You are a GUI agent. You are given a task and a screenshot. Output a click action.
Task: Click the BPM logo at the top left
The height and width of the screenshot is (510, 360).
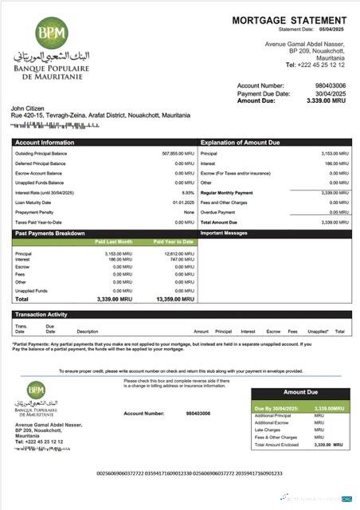[53, 33]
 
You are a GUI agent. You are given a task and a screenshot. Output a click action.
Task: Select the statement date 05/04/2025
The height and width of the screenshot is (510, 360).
[333, 29]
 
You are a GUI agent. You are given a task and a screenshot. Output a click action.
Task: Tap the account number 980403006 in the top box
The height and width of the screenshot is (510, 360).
[331, 85]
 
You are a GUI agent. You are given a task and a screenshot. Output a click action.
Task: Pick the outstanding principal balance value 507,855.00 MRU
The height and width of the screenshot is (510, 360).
[178, 153]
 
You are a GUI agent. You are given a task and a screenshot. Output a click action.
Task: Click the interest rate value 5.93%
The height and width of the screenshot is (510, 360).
[188, 193]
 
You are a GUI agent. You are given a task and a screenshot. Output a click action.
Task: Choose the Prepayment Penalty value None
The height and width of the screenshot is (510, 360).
[189, 213]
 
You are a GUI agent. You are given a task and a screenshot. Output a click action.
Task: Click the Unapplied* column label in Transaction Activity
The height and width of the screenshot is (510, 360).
[318, 331]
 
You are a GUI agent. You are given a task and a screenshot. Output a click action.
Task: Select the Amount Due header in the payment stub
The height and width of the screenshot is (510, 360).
[300, 393]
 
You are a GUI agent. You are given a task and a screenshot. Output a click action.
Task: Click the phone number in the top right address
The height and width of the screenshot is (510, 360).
[318, 65]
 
